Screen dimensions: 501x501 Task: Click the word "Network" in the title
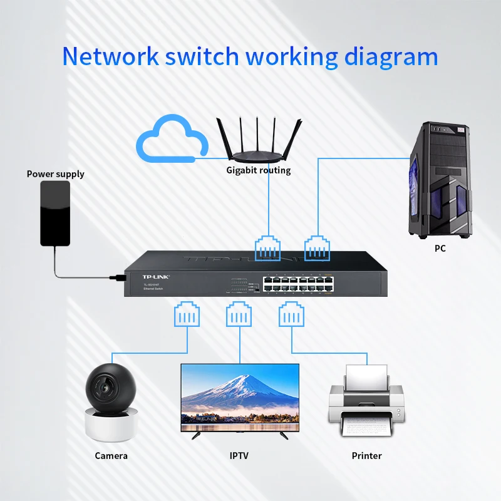[x=110, y=56]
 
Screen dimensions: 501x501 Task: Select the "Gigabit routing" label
[x=258, y=170]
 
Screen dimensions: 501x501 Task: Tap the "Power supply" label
[x=55, y=173]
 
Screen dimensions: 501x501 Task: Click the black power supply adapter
[x=56, y=213]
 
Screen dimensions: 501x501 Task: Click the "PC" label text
[x=440, y=249]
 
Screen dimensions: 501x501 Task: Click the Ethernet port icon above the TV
[x=239, y=314]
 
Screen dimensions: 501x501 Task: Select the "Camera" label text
[x=111, y=455]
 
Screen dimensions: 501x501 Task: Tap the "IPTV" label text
[x=239, y=455]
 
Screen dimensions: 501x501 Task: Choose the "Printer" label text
[x=366, y=455]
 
